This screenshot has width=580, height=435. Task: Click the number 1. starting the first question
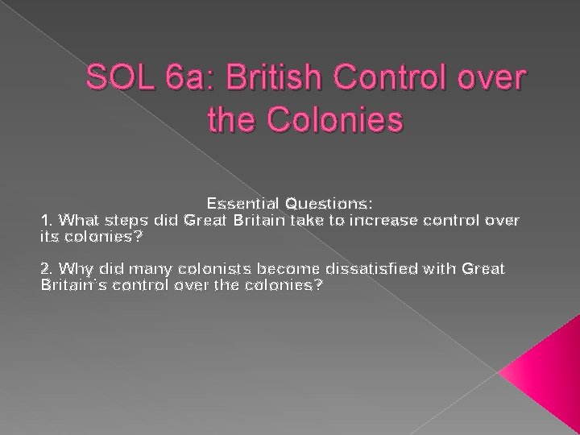point(48,219)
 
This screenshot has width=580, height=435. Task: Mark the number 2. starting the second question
point(48,269)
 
